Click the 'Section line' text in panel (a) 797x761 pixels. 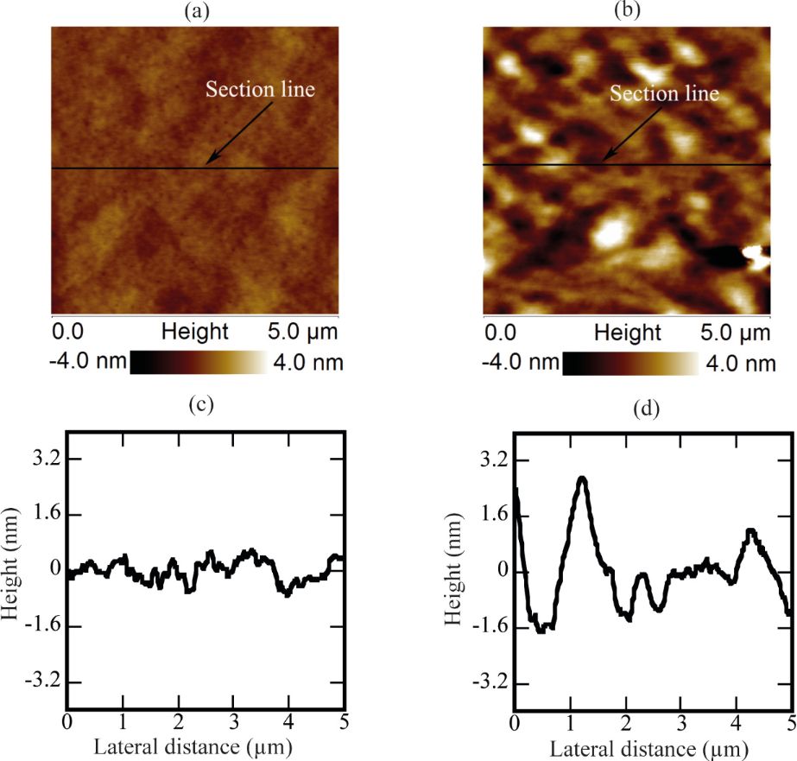[x=259, y=88]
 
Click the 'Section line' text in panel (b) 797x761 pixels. [x=664, y=92]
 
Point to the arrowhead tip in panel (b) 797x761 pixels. [x=602, y=162]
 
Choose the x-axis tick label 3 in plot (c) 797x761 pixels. [x=233, y=721]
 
